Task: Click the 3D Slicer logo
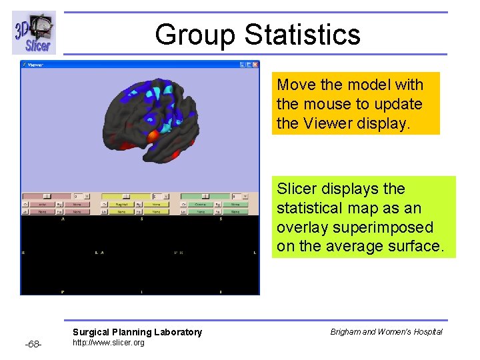pos(33,33)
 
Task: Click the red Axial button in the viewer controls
pos(43,205)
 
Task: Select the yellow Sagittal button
pos(121,205)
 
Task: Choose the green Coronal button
pos(201,205)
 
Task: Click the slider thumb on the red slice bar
pos(47,197)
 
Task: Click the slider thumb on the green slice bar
pos(205,197)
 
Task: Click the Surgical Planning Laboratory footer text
pos(137,332)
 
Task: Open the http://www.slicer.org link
pos(108,343)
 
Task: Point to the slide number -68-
pos(33,344)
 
